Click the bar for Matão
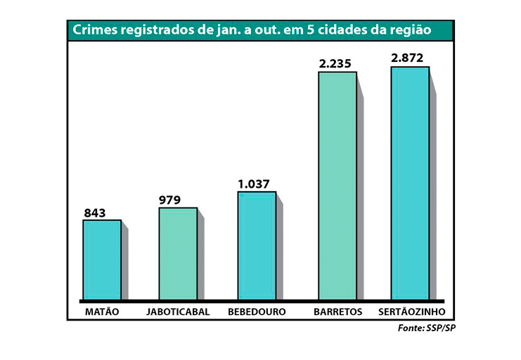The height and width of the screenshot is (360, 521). tap(102, 260)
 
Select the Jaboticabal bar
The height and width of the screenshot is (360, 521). tap(178, 254)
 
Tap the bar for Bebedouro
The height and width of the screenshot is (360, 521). tap(257, 246)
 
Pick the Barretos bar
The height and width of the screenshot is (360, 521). tap(337, 186)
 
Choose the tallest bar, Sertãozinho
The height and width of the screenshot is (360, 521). tap(410, 184)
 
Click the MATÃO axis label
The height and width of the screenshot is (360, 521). tap(102, 311)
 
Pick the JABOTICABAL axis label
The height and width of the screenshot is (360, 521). tap(178, 311)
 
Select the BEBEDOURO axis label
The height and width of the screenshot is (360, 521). tap(257, 311)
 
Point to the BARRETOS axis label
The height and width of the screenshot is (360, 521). tap(338, 311)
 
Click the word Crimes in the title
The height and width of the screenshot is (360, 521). tap(96, 30)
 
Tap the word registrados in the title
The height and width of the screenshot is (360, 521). tap(159, 30)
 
